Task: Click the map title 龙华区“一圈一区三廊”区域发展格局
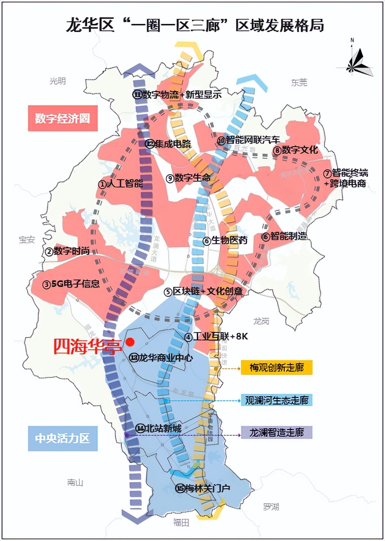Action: tap(195, 25)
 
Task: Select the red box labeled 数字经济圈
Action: tap(63, 118)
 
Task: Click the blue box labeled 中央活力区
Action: tap(63, 438)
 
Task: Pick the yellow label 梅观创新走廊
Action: tap(276, 368)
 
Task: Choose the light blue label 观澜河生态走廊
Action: tap(276, 400)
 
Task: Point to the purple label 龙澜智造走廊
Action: tap(276, 432)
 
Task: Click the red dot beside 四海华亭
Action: tap(130, 342)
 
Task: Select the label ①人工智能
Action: tap(121, 184)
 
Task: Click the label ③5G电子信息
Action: tap(71, 284)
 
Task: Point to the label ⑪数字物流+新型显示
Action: tap(177, 95)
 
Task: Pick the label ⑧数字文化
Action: tap(296, 150)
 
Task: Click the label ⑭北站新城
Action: tap(159, 428)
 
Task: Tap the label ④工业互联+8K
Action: tap(216, 337)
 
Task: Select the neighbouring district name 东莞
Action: tap(299, 83)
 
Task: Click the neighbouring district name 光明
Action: tap(58, 81)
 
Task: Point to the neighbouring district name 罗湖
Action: tap(271, 507)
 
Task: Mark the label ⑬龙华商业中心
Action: tap(161, 358)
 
